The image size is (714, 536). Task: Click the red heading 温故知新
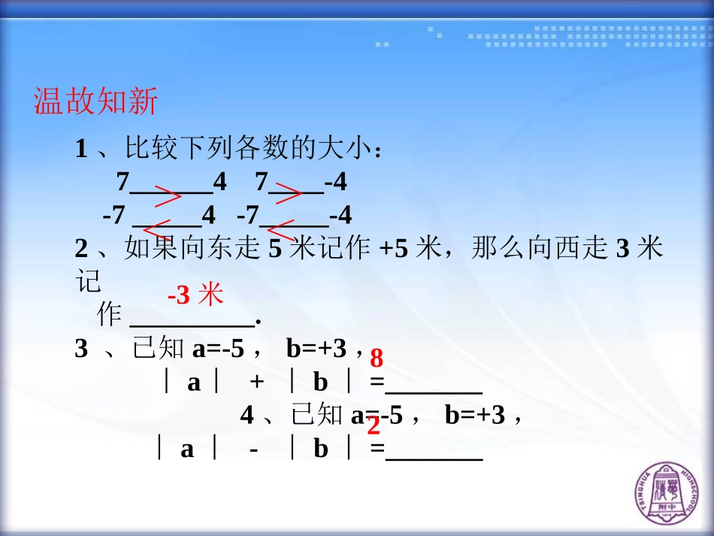(95, 101)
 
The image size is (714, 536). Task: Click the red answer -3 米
(195, 295)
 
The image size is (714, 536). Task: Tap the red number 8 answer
(377, 358)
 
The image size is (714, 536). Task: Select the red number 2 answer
(374, 427)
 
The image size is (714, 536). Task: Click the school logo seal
(667, 489)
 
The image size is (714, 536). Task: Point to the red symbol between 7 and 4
(168, 197)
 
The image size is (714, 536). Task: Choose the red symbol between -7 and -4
(281, 230)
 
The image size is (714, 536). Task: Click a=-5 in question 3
(219, 349)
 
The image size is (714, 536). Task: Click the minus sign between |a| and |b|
(253, 450)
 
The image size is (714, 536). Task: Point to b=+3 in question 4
(474, 415)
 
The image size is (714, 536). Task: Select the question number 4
(247, 415)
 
